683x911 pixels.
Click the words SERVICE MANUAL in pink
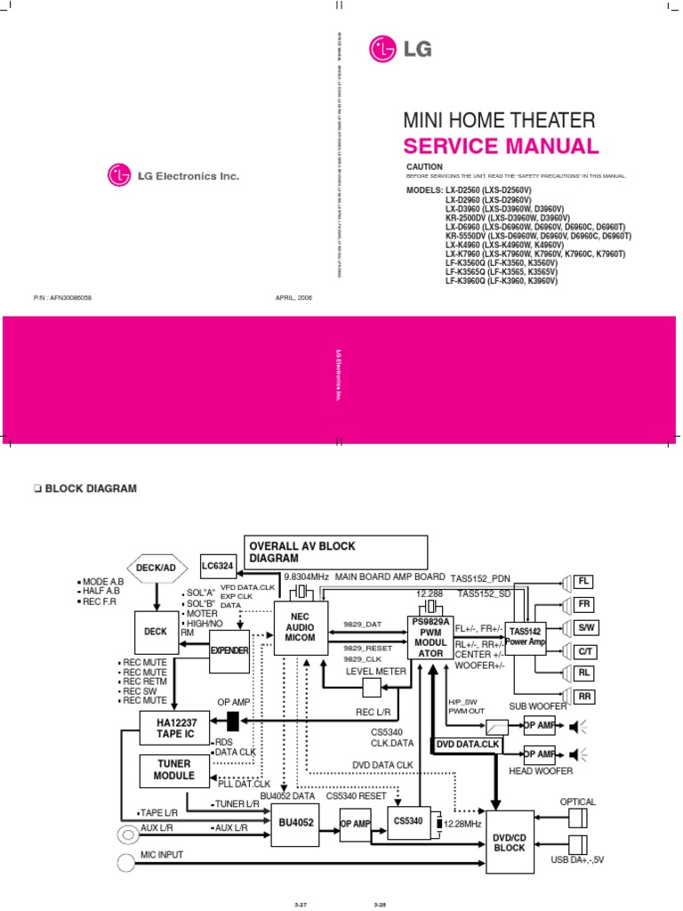coord(501,147)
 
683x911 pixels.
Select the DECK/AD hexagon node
coord(157,566)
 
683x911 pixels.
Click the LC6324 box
coord(219,566)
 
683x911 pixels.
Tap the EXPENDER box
coord(229,651)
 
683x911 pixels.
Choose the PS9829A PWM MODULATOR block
coord(430,637)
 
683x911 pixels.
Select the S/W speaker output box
coord(584,627)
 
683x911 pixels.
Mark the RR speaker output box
coord(584,696)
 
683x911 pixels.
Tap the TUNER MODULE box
coord(174,770)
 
